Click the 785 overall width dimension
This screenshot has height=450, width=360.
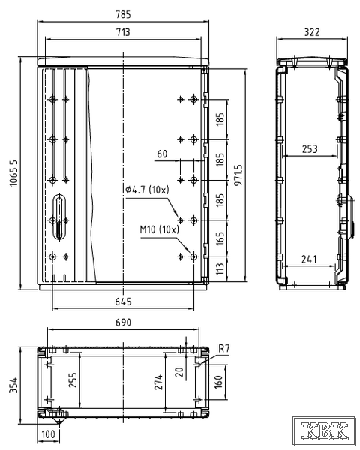coord(123,14)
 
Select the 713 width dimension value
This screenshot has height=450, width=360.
coord(123,31)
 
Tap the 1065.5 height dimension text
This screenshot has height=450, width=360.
coord(13,173)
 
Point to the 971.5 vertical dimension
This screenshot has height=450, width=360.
coord(238,175)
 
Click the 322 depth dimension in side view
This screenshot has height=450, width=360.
coord(312,31)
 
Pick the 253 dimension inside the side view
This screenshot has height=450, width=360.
coord(310,149)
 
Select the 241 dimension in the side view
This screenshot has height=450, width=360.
coord(309,259)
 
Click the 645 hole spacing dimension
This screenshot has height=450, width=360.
coord(123,301)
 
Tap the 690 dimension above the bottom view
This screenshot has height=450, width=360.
coord(124,322)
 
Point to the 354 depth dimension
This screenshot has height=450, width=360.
coord(13,385)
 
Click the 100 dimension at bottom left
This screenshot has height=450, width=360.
coord(48,433)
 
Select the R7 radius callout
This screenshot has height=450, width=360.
coord(224,349)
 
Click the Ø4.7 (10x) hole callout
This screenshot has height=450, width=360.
coord(147,190)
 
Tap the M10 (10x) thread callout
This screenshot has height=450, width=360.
coord(159,229)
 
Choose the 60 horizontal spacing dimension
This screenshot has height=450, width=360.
coord(162,154)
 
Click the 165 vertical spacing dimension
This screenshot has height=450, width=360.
coord(220,238)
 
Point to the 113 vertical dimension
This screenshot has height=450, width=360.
coord(220,269)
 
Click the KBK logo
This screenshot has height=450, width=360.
coord(325,430)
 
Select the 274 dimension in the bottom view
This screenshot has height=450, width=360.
coord(158,382)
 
